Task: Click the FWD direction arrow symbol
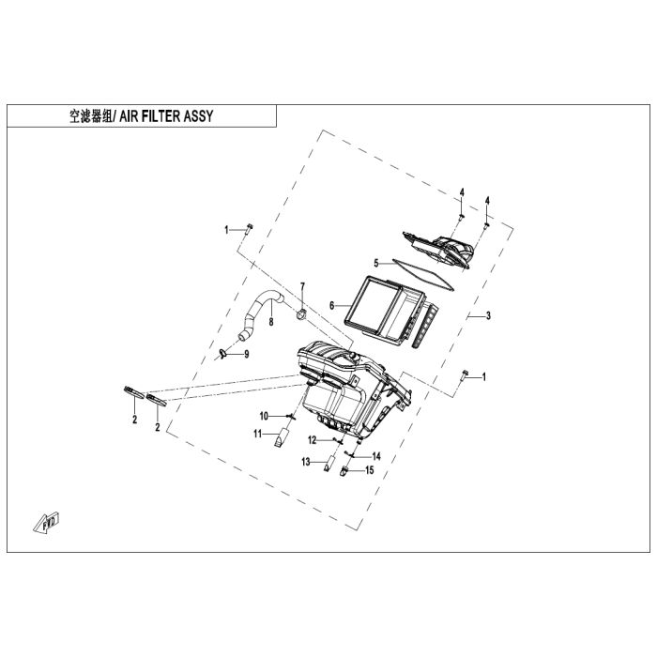[47, 522]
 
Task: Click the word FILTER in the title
[160, 116]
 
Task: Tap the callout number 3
[488, 316]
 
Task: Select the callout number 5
[376, 264]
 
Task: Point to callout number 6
[332, 306]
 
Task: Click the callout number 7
[302, 286]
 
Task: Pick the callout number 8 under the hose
[271, 322]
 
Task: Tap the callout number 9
[246, 355]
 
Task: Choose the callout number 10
[264, 416]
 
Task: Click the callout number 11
[257, 434]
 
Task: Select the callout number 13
[306, 462]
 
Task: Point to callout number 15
[369, 470]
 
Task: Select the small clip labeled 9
[222, 354]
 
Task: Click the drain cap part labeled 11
[282, 436]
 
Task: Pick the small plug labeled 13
[329, 463]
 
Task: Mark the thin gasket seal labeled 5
[423, 275]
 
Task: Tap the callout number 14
[376, 456]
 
